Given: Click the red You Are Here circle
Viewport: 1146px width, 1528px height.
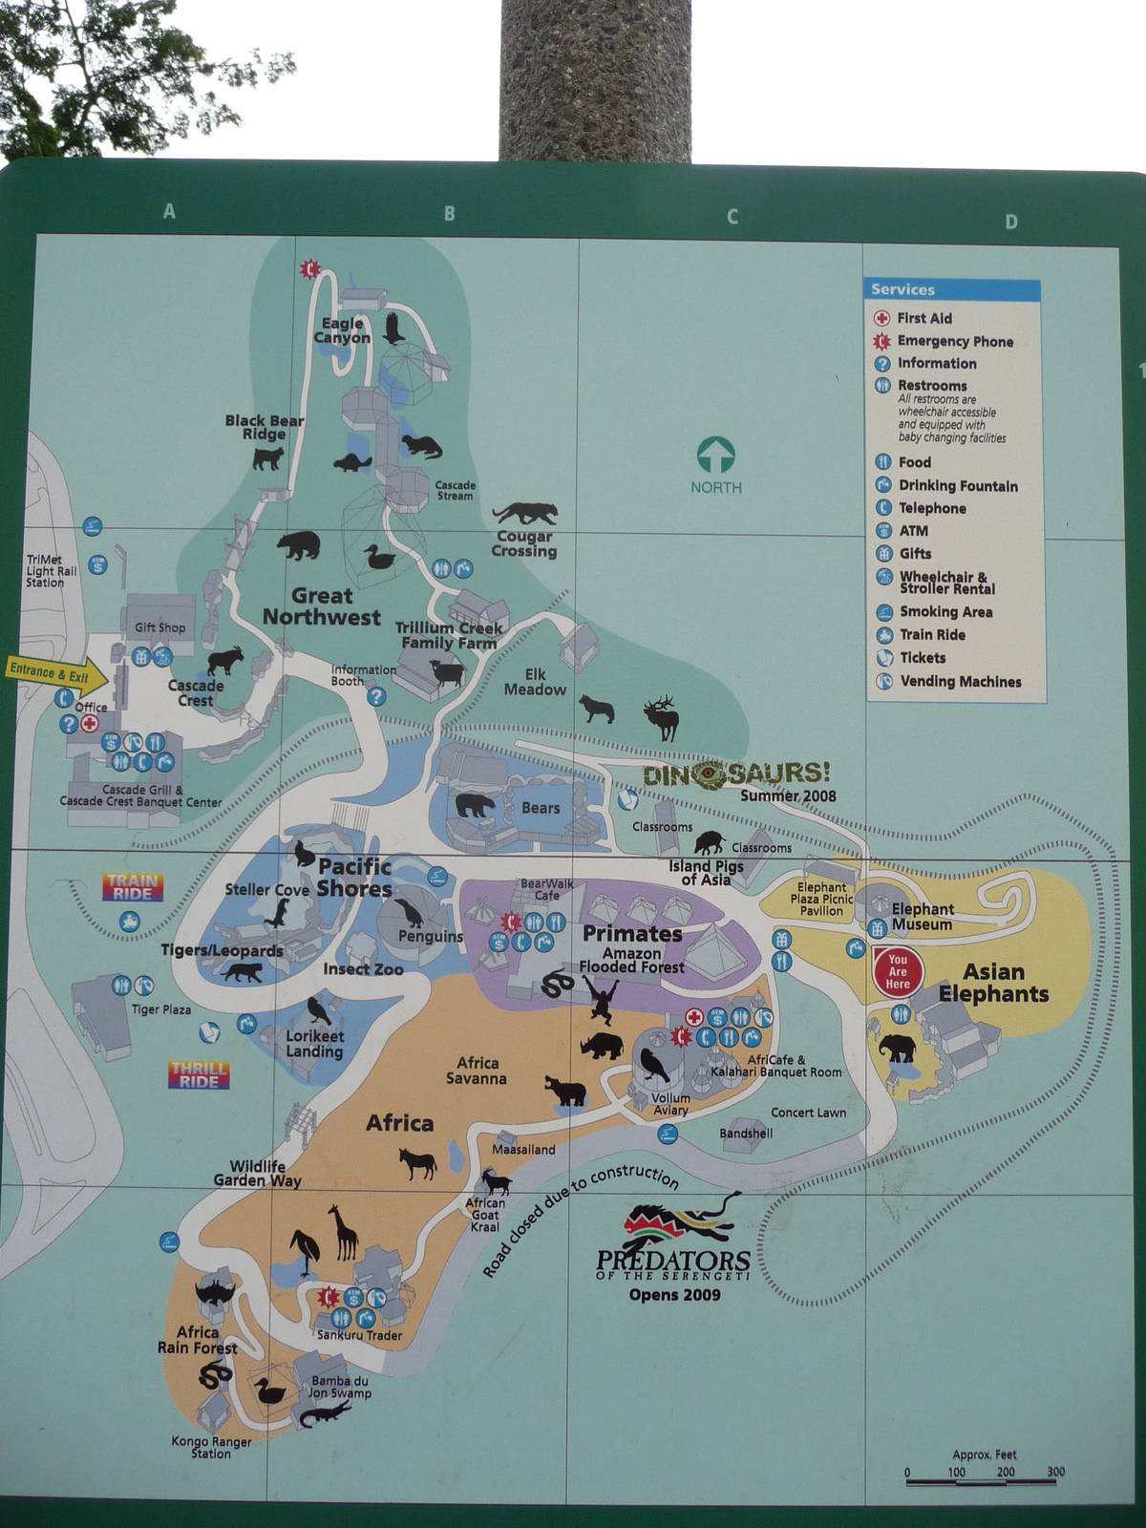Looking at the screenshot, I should click(x=897, y=971).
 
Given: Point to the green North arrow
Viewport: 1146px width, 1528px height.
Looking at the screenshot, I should click(x=715, y=456).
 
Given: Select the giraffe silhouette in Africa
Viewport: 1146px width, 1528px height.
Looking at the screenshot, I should click(x=345, y=1233).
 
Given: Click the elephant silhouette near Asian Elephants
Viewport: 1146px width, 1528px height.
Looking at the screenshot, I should click(x=897, y=1049).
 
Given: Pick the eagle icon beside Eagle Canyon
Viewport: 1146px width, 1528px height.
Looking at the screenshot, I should click(x=393, y=329).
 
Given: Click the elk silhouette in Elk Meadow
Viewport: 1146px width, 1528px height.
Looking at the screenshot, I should click(x=661, y=715).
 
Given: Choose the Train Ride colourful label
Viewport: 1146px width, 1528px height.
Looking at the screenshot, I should click(x=133, y=887).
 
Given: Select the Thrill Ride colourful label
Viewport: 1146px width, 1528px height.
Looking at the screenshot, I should click(x=199, y=1074).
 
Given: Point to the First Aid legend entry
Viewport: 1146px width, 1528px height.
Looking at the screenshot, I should click(x=923, y=318).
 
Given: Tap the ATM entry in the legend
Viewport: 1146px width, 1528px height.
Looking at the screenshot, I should click(x=913, y=531).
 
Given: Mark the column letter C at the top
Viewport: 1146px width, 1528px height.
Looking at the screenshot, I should click(x=732, y=217).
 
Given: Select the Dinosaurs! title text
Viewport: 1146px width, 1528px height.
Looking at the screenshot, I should click(x=736, y=774).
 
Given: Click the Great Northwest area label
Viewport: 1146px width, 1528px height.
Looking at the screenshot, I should click(x=322, y=606).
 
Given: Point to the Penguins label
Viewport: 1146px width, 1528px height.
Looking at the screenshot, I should click(x=430, y=937).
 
